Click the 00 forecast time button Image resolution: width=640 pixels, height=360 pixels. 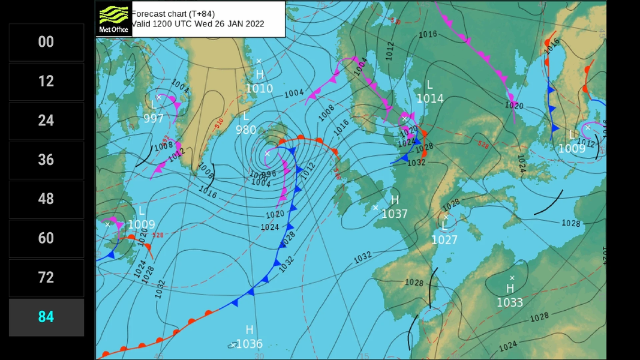point(46,42)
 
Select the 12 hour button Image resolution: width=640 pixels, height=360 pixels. point(46,81)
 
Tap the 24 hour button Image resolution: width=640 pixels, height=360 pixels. point(46,121)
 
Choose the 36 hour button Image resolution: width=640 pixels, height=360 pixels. point(46,160)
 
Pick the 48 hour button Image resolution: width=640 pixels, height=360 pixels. point(46,199)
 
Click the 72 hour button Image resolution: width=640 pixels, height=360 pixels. point(46,277)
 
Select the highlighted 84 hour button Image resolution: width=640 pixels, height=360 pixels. point(46,317)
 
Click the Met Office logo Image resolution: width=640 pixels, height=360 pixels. point(114,19)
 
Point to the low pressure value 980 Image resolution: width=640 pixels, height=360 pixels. point(246,130)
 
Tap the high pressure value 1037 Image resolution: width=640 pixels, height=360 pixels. point(395,214)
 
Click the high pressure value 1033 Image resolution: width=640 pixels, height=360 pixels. point(510,302)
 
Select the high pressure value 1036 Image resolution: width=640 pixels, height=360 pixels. point(250,344)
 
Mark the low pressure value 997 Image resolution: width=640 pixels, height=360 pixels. point(154,118)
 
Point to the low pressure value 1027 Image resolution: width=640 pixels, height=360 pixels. point(444,240)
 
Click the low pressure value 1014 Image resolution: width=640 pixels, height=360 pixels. point(430,98)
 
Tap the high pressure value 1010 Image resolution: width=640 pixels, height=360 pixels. point(259,89)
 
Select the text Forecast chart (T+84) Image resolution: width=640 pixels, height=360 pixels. point(173,13)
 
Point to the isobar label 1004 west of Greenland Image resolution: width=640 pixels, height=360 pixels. point(180,86)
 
